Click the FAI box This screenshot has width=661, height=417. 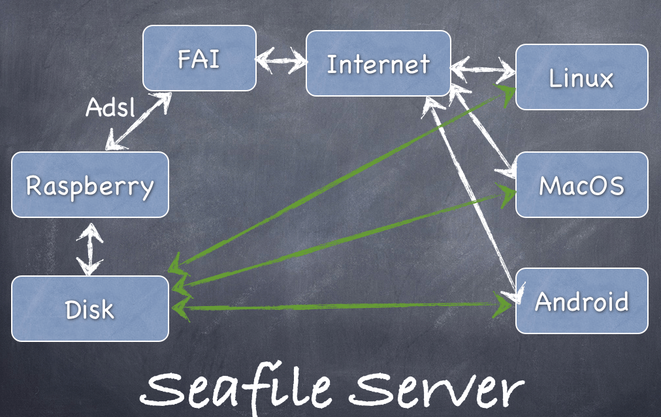pos(199,58)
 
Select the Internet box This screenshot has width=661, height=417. pos(378,63)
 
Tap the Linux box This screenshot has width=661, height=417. pos(581,77)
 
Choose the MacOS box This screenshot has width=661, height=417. pos(581,185)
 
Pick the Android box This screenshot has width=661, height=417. pos(581,301)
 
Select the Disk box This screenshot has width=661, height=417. pos(90,309)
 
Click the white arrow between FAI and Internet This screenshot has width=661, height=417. pos(281,62)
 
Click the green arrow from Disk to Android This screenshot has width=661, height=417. pos(340,305)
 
